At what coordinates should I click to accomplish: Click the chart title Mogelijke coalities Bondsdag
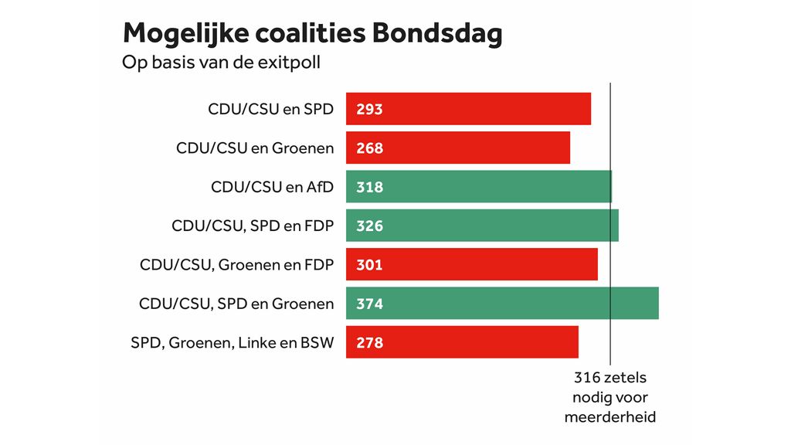coord(313,33)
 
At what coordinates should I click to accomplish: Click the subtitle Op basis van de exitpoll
coord(221,63)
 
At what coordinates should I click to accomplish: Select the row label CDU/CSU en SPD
coord(271,109)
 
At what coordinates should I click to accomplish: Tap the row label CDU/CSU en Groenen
coord(255,148)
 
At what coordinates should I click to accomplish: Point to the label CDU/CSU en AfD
coord(273,187)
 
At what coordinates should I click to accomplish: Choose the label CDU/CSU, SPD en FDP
coord(253,226)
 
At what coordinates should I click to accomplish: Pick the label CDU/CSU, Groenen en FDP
coord(236,265)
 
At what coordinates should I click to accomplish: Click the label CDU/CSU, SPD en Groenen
coord(236,304)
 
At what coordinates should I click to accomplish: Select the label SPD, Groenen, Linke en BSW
coord(233,343)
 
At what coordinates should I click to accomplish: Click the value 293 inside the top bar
coord(369,109)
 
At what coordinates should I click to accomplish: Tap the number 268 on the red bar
coord(369,148)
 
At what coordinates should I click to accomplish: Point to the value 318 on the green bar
coord(369,187)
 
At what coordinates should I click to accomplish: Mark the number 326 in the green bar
coord(369,226)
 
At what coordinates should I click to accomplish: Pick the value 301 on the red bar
coord(369,265)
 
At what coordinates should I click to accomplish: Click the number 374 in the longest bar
coord(369,304)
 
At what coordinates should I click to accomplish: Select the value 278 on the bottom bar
coord(369,343)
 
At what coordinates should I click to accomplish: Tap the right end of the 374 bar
coord(657,304)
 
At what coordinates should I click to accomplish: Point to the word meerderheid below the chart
coord(610,417)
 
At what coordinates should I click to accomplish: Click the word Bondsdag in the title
coord(437,33)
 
